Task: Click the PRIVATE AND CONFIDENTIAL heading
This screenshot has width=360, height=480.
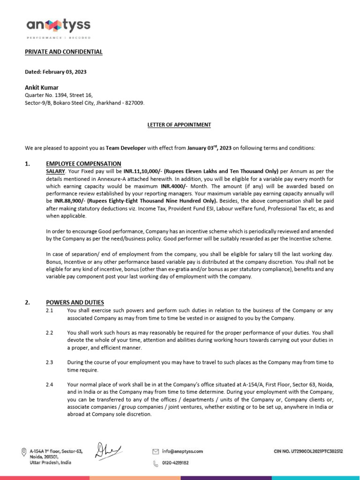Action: click(x=63, y=52)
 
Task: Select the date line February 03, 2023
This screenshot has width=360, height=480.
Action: click(x=55, y=72)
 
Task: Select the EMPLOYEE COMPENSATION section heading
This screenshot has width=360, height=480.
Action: click(x=83, y=164)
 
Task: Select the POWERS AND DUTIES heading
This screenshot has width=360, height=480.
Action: click(x=75, y=302)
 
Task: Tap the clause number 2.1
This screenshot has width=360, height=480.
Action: click(x=50, y=310)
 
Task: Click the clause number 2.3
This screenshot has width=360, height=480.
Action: click(x=50, y=362)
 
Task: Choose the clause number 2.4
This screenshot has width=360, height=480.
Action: click(x=50, y=384)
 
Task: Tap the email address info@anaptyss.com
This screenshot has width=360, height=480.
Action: click(x=182, y=451)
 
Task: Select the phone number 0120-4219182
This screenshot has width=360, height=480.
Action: click(x=175, y=463)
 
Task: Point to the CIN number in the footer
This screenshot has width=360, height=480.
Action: click(x=308, y=451)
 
